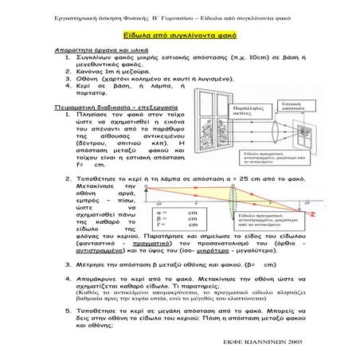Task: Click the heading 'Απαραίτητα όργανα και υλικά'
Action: pyautogui.click(x=90, y=50)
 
